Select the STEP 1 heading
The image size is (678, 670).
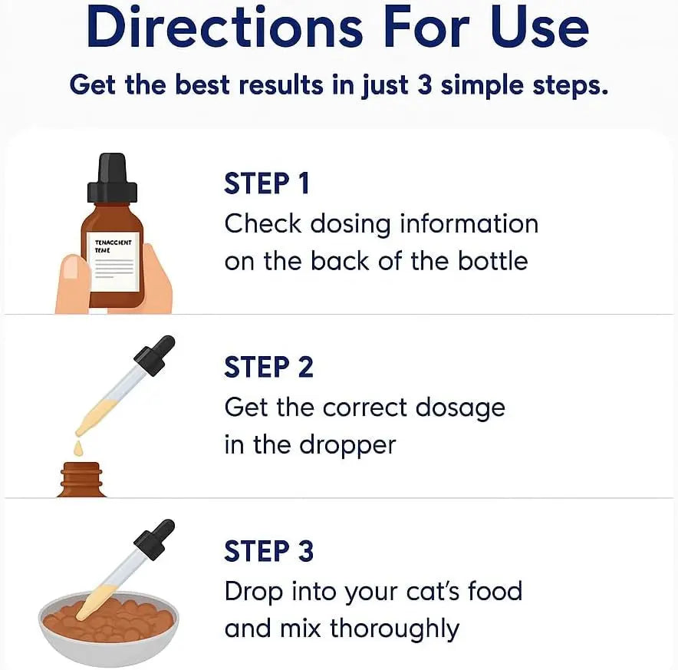tap(267, 184)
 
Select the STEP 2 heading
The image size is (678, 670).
tap(268, 368)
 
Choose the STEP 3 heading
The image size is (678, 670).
tap(268, 551)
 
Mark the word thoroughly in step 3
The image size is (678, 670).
tap(394, 629)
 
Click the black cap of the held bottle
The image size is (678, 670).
tap(112, 179)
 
